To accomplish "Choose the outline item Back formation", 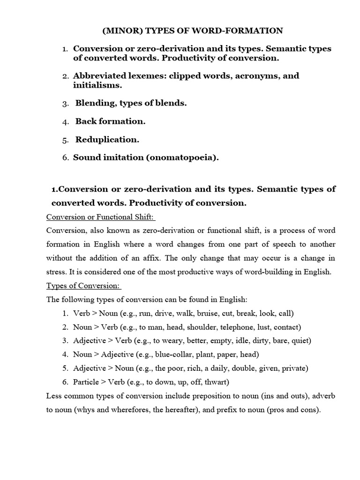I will click(110, 121).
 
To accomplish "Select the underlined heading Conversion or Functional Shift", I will click(100, 217).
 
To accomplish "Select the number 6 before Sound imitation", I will click(66, 158).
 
